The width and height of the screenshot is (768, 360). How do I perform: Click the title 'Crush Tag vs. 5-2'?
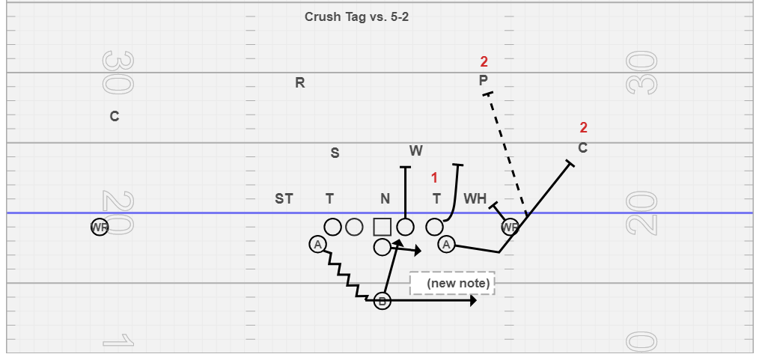[x=356, y=16]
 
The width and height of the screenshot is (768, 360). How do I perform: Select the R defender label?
[x=300, y=83]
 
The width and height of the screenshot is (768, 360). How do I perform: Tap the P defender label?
[x=484, y=80]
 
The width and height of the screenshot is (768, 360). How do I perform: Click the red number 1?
[x=434, y=177]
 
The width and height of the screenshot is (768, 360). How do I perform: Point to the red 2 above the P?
[x=484, y=61]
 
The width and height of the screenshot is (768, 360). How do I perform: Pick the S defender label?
[x=335, y=153]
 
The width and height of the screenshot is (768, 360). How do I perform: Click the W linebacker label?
[x=416, y=150]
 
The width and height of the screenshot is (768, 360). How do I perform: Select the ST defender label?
[x=284, y=198]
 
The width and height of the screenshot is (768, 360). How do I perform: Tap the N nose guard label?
[x=385, y=198]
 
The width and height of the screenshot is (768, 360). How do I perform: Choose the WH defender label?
[x=475, y=198]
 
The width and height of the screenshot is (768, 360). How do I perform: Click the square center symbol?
[x=382, y=226]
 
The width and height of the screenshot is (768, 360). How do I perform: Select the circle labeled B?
[x=383, y=301]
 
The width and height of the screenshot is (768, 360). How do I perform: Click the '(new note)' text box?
[x=452, y=283]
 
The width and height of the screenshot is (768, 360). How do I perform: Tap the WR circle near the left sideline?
[x=100, y=227]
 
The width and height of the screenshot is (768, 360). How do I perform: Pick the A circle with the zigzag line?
[x=318, y=244]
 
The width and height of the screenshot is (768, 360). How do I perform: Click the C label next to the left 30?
[x=115, y=117]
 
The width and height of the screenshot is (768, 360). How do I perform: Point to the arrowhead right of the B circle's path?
[x=473, y=301]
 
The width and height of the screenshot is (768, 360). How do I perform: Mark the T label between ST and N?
[x=329, y=198]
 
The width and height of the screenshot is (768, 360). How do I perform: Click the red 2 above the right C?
[x=584, y=127]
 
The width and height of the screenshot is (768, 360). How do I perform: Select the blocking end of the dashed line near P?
[x=488, y=94]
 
